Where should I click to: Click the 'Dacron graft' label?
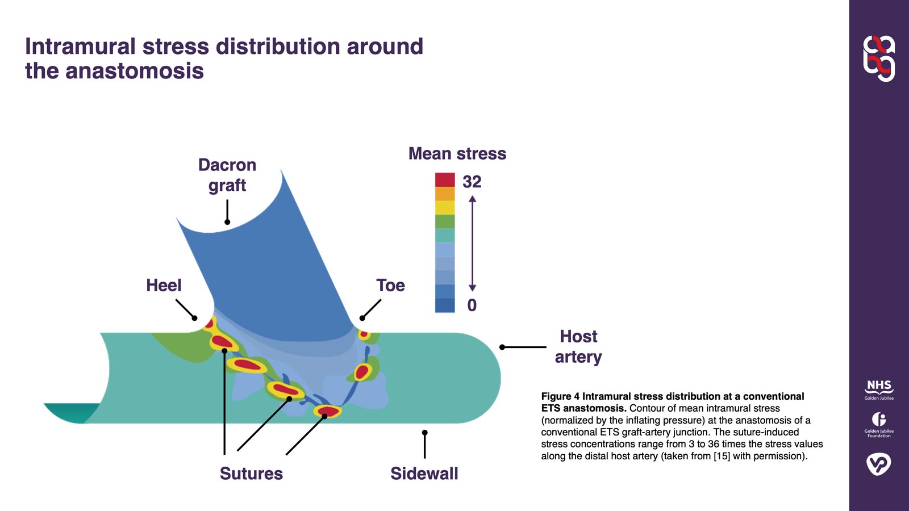click(x=227, y=175)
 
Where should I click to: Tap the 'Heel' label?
click(x=164, y=285)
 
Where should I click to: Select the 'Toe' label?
click(x=390, y=285)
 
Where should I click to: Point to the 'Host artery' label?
click(x=578, y=346)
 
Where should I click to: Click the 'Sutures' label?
click(x=251, y=474)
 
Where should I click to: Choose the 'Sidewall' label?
click(x=424, y=474)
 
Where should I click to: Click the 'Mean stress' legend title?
click(x=457, y=153)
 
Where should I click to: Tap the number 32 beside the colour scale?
click(x=472, y=182)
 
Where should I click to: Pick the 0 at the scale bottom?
click(x=472, y=305)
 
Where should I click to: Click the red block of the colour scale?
click(x=445, y=180)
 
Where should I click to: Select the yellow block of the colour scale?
click(x=445, y=208)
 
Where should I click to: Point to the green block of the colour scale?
click(x=445, y=221)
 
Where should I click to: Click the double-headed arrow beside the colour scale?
click(x=472, y=243)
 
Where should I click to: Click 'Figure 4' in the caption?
click(x=560, y=396)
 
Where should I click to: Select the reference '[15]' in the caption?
click(x=722, y=456)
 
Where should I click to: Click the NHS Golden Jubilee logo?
click(x=879, y=389)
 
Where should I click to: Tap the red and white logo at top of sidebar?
click(x=879, y=58)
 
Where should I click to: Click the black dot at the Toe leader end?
click(x=362, y=318)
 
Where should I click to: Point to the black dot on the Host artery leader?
click(x=502, y=347)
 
